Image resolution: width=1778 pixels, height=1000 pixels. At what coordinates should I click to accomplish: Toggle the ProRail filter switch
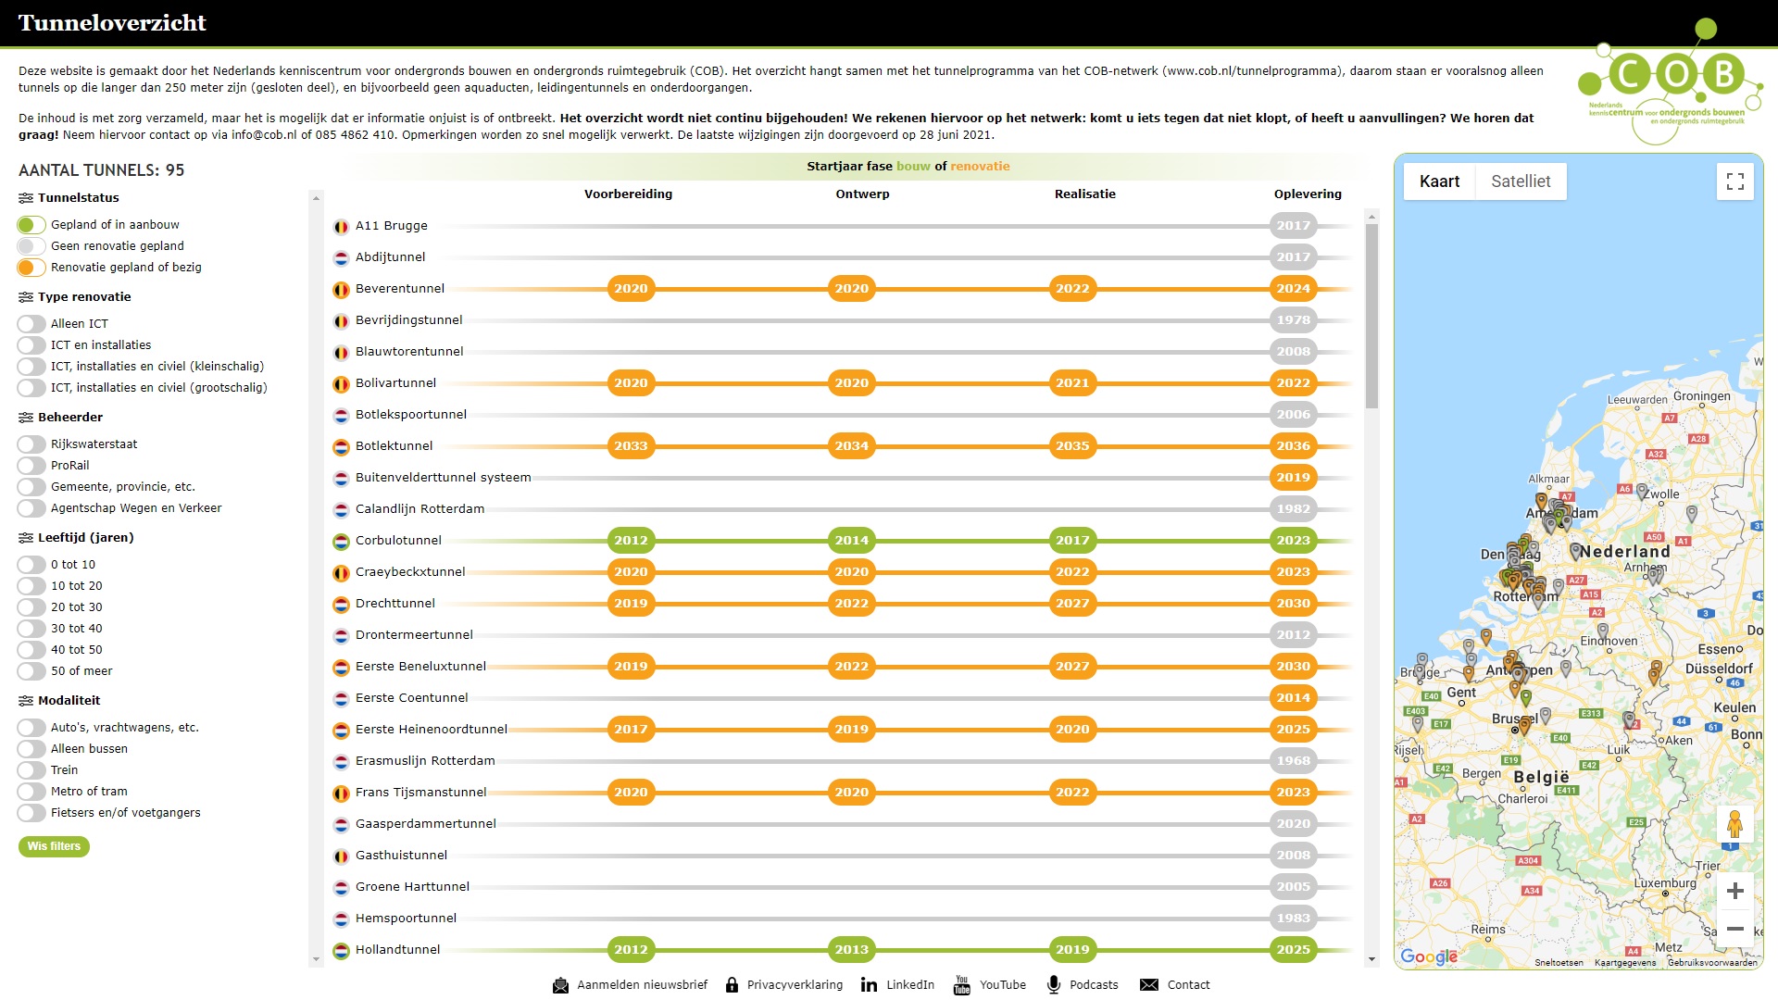[x=31, y=466]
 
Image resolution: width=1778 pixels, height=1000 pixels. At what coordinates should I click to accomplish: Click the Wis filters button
[x=54, y=846]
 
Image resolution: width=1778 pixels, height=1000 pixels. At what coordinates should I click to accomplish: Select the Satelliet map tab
[x=1521, y=181]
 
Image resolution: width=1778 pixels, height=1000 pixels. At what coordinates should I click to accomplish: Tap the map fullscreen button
[x=1734, y=181]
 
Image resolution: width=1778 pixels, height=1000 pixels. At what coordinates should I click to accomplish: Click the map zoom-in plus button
[x=1734, y=891]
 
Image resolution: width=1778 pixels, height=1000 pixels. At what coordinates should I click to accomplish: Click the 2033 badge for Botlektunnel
[x=631, y=446]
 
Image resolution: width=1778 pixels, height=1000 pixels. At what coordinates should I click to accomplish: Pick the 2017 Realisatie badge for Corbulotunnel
[x=1072, y=541]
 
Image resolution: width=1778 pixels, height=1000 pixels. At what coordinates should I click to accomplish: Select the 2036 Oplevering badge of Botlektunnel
[x=1293, y=446]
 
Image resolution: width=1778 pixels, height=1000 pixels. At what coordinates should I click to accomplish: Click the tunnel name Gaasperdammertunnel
[x=425, y=824]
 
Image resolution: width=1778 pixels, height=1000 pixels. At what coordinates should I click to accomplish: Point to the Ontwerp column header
[x=862, y=194]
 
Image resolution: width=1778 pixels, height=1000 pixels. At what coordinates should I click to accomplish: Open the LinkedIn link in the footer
[x=897, y=985]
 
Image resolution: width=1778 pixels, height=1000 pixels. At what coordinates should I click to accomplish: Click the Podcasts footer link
[x=1083, y=985]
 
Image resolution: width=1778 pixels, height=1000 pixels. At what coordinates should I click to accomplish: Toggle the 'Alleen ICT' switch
[x=31, y=324]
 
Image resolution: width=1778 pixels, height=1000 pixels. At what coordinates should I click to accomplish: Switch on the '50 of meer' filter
[x=31, y=671]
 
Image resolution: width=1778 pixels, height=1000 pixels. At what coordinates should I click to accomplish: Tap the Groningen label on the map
[x=1701, y=396]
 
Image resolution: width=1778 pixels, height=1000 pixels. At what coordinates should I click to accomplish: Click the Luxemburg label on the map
[x=1665, y=882]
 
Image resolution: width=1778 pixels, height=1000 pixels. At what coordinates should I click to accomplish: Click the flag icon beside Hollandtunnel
[x=341, y=950]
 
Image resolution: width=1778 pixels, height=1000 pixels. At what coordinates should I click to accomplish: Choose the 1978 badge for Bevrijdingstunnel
[x=1293, y=320]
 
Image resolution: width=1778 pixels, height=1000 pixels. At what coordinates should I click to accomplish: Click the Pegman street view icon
[x=1734, y=823]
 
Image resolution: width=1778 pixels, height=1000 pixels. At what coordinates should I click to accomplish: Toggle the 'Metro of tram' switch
[x=31, y=792]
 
